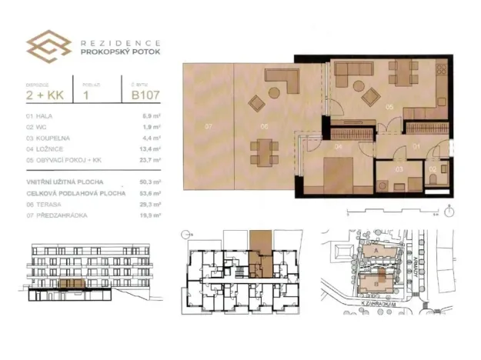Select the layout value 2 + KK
pyautogui.click(x=45, y=96)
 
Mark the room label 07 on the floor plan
pyautogui.click(x=209, y=125)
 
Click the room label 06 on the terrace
pyautogui.click(x=262, y=125)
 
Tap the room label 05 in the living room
pyautogui.click(x=390, y=107)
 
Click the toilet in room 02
pyautogui.click(x=435, y=178)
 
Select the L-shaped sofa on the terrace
pyautogui.click(x=286, y=82)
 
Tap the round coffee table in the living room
pyautogui.click(x=370, y=97)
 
